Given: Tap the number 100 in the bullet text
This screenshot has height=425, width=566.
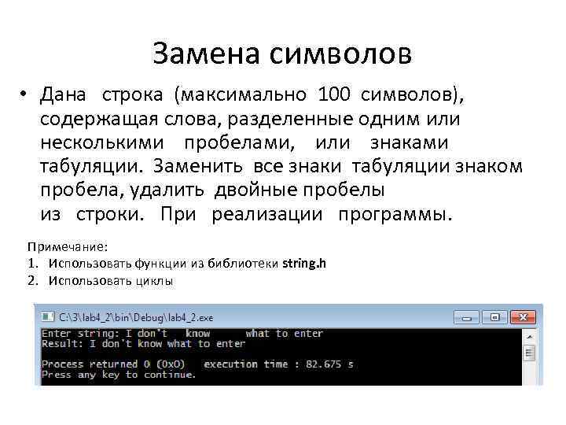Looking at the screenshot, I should coord(336,95).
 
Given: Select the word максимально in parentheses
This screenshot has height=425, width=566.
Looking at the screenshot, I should coord(245,95).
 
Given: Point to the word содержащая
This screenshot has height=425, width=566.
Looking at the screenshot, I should coord(93,119).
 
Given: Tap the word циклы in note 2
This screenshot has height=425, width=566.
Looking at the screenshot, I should coord(153,280).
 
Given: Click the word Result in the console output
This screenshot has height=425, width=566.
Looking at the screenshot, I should coord(59,344).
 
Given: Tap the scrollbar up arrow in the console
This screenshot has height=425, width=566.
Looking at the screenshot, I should coord(530,334).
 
